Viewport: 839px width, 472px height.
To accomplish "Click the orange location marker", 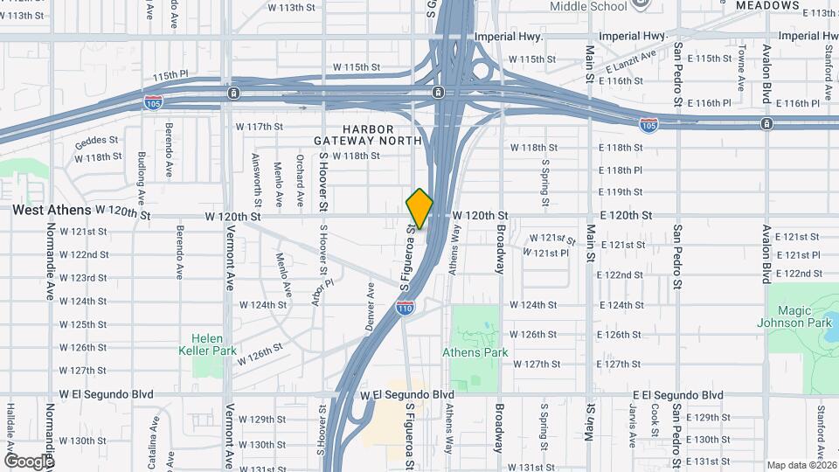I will (x=419, y=208).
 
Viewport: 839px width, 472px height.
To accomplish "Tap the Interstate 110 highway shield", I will (x=405, y=308).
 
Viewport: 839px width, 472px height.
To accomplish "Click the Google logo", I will (x=28, y=460).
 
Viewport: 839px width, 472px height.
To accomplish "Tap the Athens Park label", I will (x=475, y=353).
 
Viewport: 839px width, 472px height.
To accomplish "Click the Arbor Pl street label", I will (x=322, y=292).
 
